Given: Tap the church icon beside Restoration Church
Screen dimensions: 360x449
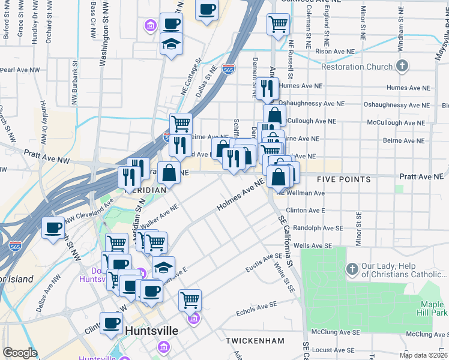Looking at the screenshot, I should tap(403, 66).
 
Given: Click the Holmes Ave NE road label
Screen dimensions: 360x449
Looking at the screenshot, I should tap(240, 196).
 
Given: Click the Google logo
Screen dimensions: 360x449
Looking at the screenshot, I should tap(20, 353).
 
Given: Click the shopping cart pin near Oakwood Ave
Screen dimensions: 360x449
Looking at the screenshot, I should tap(278, 24).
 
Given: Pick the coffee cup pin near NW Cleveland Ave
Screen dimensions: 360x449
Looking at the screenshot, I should tap(53, 227).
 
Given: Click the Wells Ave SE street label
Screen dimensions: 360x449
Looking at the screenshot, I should tap(313, 246).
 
